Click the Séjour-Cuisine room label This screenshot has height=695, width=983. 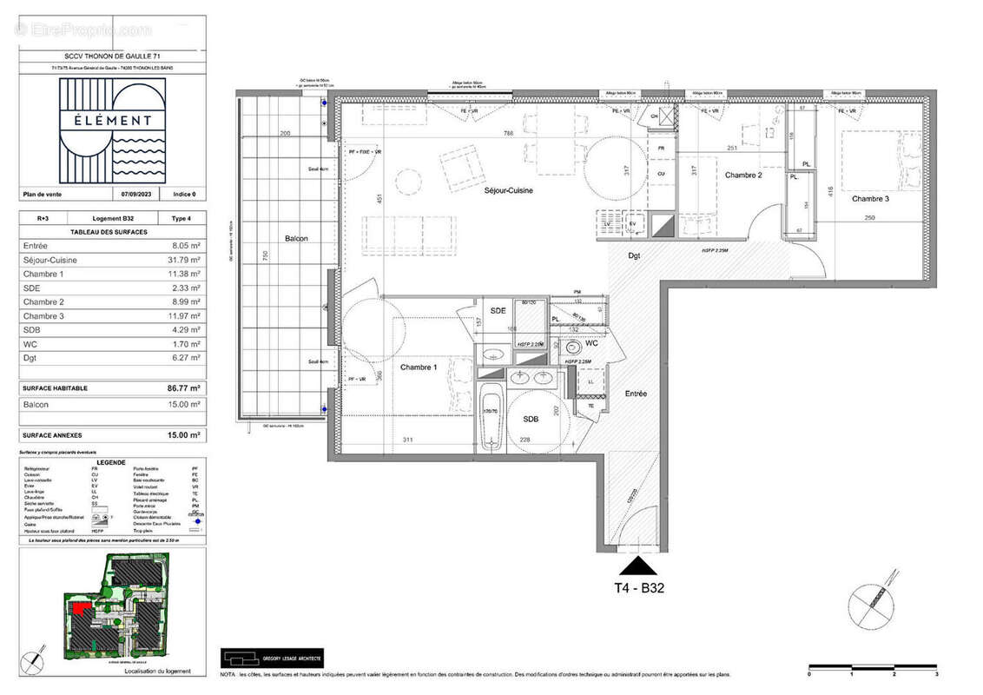(x=509, y=190)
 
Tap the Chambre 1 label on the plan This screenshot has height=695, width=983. (x=419, y=367)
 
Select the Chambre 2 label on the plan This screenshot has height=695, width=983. (x=743, y=175)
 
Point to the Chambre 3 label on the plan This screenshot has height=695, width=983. (x=870, y=199)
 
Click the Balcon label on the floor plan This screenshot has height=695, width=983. (x=297, y=238)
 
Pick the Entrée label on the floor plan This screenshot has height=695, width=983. (x=636, y=394)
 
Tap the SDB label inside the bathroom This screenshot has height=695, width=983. (x=531, y=419)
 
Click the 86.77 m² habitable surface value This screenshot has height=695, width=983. (x=184, y=388)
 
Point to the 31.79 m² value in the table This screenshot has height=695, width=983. (x=185, y=260)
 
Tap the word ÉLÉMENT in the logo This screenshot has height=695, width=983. (x=112, y=121)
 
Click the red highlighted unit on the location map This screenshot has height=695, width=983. (x=80, y=607)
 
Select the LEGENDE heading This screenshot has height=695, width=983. (x=111, y=463)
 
